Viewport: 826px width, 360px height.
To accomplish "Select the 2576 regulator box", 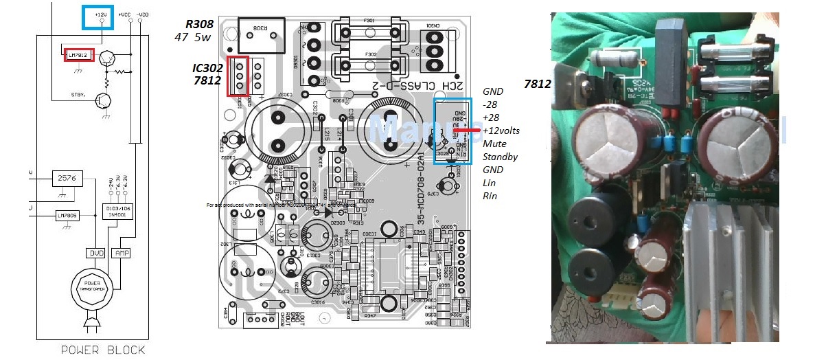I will (68, 179).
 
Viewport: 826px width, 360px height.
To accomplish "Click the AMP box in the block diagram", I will (120, 253).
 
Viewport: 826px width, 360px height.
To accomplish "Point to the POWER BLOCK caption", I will (103, 350).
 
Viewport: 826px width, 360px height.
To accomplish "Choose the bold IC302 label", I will (207, 68).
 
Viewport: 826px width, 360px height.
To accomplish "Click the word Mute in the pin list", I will (494, 144).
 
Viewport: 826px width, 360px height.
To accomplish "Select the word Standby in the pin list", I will (500, 157).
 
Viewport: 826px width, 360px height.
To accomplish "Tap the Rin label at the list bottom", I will (490, 196).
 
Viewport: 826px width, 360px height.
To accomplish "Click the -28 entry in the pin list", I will (490, 104).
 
